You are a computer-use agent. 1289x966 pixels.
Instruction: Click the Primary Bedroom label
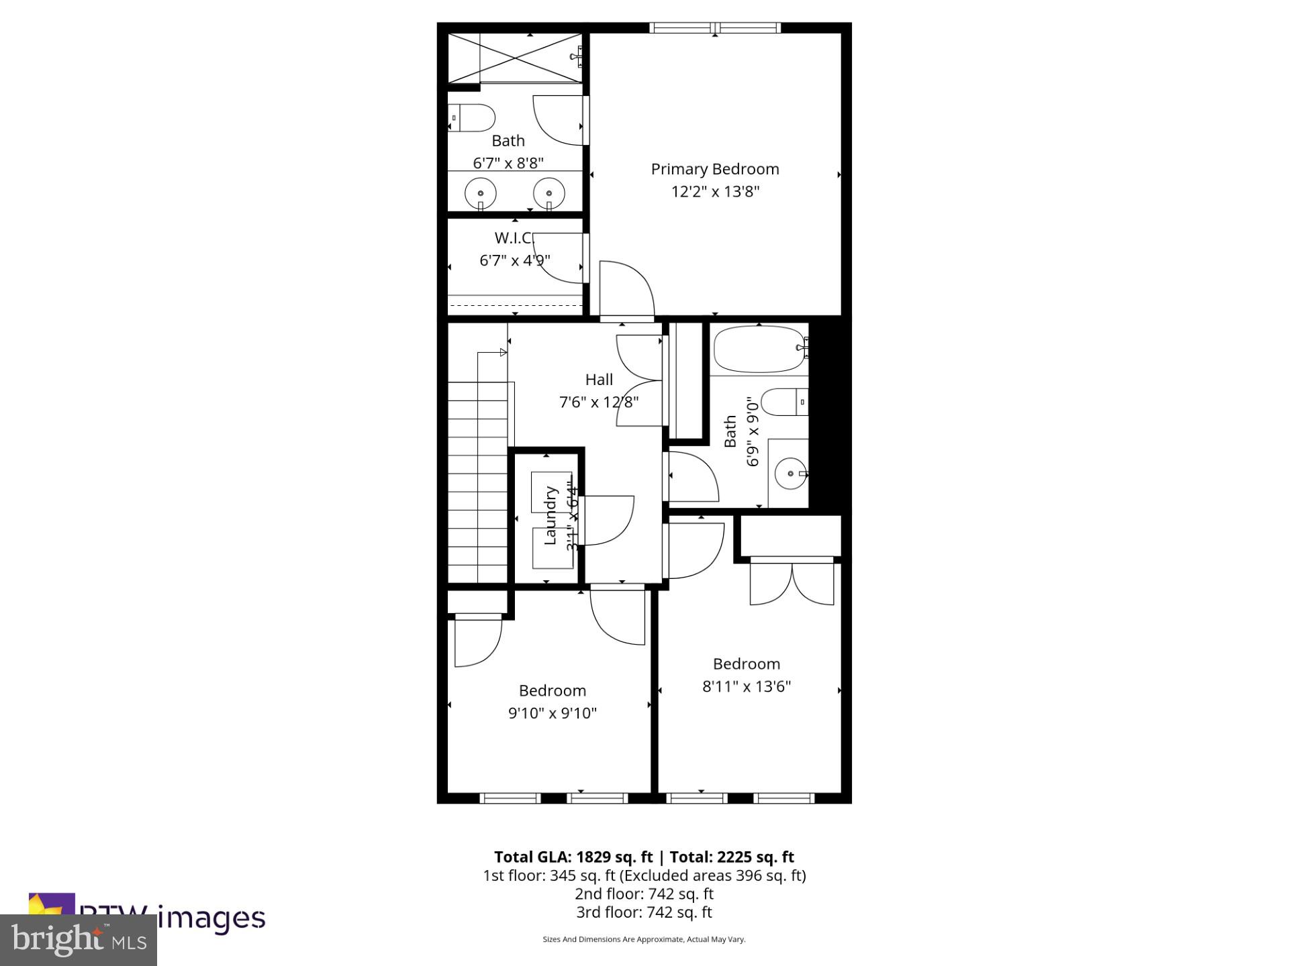(x=714, y=169)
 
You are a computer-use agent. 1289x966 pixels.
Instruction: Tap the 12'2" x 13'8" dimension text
(x=714, y=192)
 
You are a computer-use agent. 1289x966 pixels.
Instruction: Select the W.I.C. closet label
(x=514, y=238)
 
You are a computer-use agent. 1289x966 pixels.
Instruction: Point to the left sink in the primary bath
(x=481, y=193)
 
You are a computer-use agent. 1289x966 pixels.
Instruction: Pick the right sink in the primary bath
(x=549, y=193)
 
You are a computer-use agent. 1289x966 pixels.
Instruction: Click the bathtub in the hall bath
(x=759, y=349)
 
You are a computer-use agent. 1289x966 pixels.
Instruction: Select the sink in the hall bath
(x=791, y=474)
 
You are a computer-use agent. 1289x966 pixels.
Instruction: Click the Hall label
(x=599, y=380)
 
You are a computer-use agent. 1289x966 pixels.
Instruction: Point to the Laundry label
(x=551, y=515)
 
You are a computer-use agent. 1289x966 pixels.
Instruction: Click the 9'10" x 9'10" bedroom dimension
(x=552, y=713)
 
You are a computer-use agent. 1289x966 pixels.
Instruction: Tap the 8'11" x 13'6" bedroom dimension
(x=747, y=686)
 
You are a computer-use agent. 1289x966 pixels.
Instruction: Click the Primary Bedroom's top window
(x=715, y=28)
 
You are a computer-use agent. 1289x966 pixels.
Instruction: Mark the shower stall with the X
(x=514, y=58)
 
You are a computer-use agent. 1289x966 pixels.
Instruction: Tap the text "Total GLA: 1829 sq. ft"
(x=573, y=857)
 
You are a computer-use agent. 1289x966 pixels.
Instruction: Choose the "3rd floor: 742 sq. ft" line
(x=644, y=912)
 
